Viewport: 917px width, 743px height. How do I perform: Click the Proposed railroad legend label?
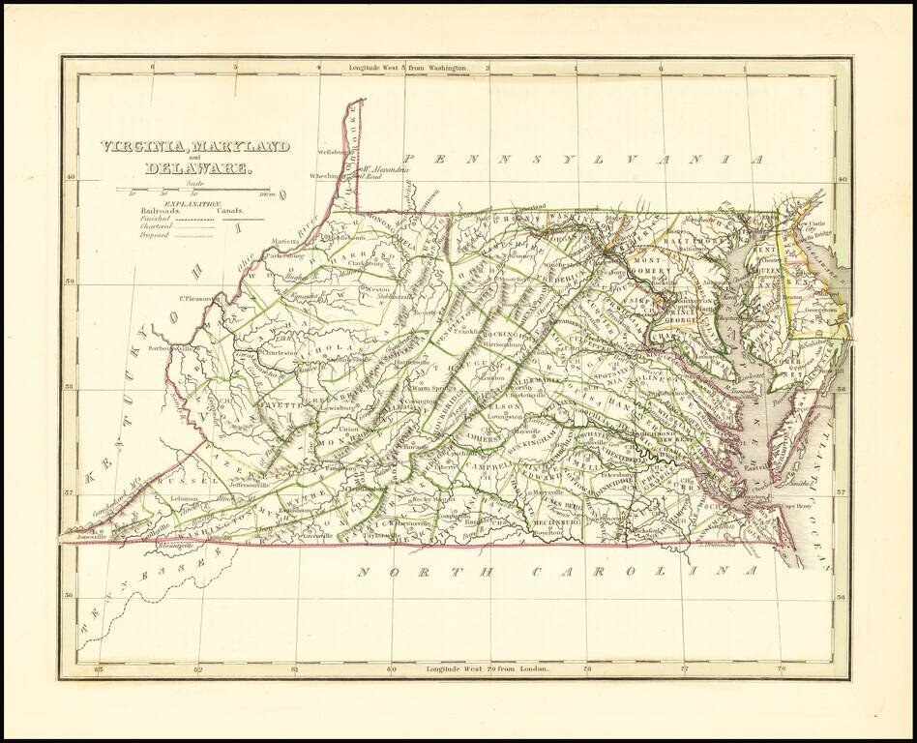click(x=154, y=234)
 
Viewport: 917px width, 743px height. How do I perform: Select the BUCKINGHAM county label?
click(x=537, y=437)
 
